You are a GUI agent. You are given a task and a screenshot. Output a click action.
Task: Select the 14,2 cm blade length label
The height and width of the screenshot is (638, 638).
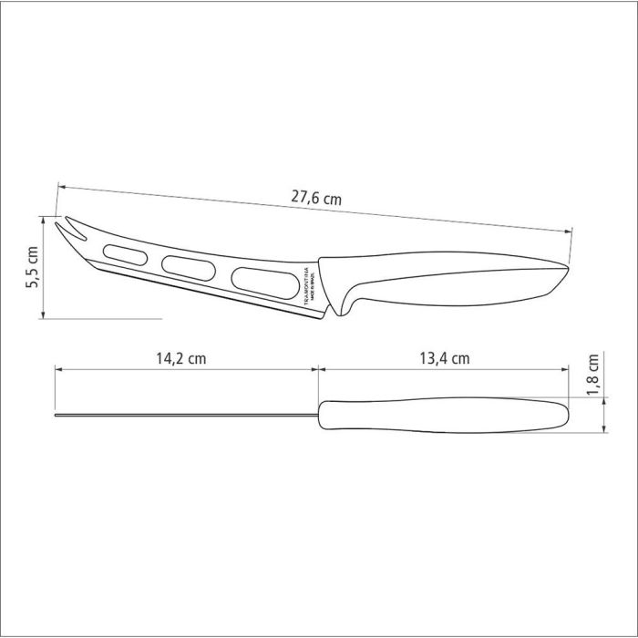pyautogui.click(x=181, y=358)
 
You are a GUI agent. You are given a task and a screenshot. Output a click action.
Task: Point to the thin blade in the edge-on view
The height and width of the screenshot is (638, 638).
pyautogui.click(x=182, y=417)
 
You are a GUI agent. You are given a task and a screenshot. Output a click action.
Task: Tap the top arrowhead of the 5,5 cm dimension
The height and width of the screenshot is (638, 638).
pyautogui.click(x=44, y=217)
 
